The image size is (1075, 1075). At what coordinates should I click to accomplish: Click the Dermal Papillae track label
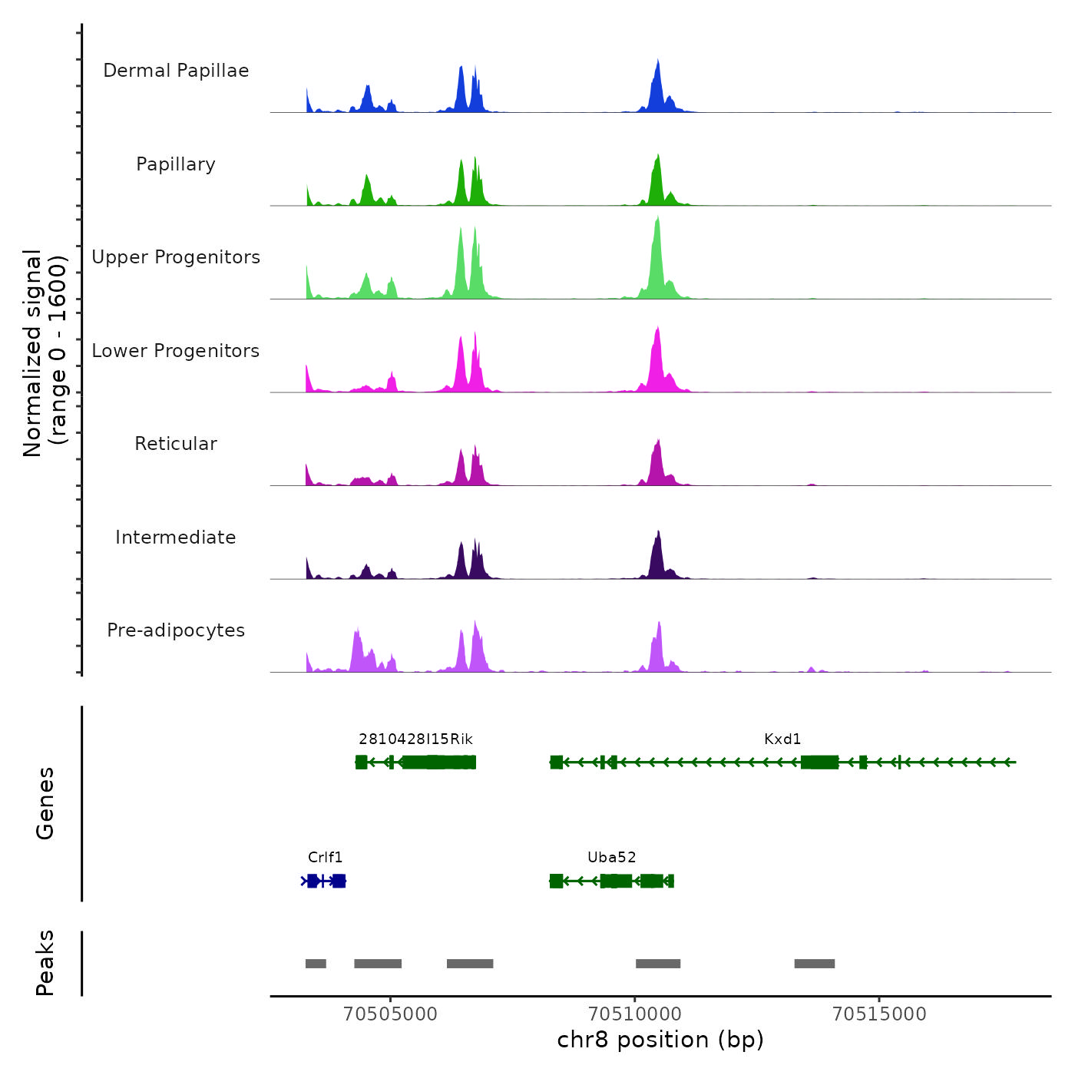[176, 71]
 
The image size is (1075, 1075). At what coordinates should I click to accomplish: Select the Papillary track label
[176, 164]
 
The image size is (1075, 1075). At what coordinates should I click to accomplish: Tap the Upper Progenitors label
[176, 257]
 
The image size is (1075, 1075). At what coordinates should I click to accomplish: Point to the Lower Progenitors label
[176, 351]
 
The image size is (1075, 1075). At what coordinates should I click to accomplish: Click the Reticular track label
[176, 444]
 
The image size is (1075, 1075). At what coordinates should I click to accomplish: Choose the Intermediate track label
[176, 537]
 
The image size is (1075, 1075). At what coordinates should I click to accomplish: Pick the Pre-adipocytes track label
[176, 630]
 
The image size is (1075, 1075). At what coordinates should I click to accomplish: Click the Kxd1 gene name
[782, 739]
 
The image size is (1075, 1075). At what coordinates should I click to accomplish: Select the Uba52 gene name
[611, 858]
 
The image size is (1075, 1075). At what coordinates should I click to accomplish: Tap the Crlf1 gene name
[325, 858]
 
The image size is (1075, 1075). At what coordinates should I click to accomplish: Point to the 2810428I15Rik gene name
[415, 739]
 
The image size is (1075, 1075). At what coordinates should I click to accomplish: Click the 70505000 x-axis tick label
[390, 1014]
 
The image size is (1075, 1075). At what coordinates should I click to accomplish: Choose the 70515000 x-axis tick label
[879, 1014]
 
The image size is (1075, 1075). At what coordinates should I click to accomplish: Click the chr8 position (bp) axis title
[660, 1040]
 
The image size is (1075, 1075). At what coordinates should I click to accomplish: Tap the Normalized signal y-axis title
[45, 353]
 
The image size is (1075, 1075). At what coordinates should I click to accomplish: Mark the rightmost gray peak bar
[814, 964]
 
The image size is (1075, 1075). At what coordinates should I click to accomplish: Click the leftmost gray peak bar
[316, 964]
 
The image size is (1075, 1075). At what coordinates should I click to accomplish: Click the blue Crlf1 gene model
[324, 881]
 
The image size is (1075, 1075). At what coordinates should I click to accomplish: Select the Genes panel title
[45, 803]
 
